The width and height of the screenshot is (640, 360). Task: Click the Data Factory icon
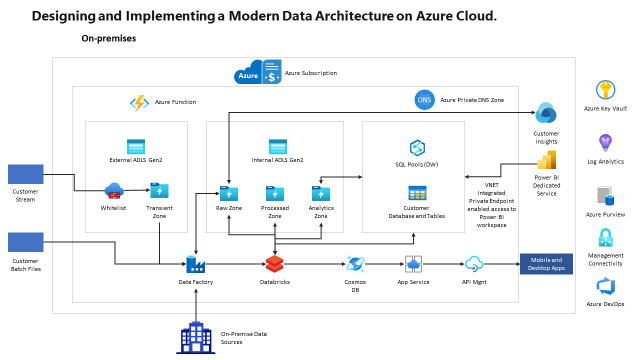pyautogui.click(x=196, y=264)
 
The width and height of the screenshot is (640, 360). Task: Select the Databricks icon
pyautogui.click(x=275, y=263)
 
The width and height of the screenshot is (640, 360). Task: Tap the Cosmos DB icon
pyautogui.click(x=355, y=263)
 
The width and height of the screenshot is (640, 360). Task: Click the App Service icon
pyautogui.click(x=414, y=263)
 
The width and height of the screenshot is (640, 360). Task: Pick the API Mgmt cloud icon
pyautogui.click(x=474, y=263)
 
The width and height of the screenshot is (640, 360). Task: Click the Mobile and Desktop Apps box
pyautogui.click(x=546, y=264)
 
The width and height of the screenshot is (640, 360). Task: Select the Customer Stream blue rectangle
pyautogui.click(x=26, y=174)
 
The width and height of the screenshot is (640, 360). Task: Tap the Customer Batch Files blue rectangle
pyautogui.click(x=26, y=242)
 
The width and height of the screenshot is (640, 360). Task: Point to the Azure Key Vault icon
pyautogui.click(x=606, y=90)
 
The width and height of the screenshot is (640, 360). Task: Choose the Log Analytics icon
pyautogui.click(x=605, y=141)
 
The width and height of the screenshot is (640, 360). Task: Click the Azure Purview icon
pyautogui.click(x=605, y=194)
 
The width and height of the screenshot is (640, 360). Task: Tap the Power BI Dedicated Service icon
pyautogui.click(x=546, y=160)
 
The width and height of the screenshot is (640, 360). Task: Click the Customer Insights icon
pyautogui.click(x=546, y=112)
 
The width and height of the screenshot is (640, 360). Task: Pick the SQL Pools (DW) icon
pyautogui.click(x=417, y=147)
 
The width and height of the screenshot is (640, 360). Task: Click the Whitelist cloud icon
pyautogui.click(x=113, y=190)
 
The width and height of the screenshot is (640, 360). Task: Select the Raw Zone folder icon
pyautogui.click(x=228, y=192)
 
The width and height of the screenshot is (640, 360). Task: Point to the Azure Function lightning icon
pyautogui.click(x=139, y=102)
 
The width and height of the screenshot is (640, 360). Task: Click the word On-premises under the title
pyautogui.click(x=109, y=38)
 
